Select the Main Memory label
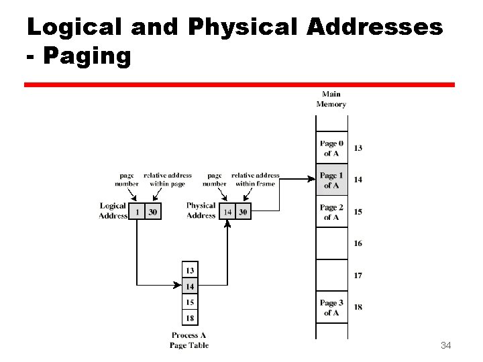coord(331,99)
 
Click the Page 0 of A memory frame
coord(331,148)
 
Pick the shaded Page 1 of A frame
coord(331,180)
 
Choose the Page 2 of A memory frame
coord(331,212)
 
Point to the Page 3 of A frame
coord(331,308)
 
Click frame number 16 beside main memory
coord(358,243)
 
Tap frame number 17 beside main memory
coord(358,276)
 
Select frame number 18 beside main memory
coord(358,307)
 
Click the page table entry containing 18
coord(190,318)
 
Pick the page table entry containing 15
coord(190,302)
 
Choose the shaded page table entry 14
coord(190,286)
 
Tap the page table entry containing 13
coord(190,270)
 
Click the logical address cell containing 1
coord(137,212)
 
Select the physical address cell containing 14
coord(227,212)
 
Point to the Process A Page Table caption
coord(189,340)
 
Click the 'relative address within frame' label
coord(255,180)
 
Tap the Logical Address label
coord(113,210)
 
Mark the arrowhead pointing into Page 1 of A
coord(312,179)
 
